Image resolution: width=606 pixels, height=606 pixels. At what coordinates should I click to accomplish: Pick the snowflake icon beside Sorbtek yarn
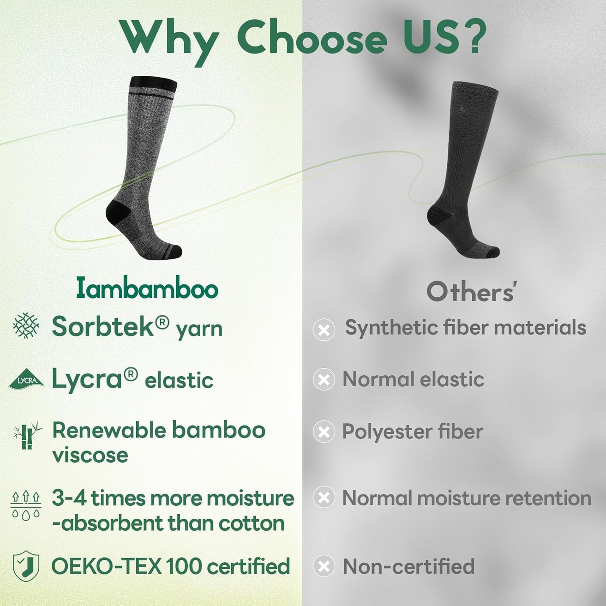click(26, 326)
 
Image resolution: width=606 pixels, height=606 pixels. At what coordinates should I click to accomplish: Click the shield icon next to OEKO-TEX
click(26, 566)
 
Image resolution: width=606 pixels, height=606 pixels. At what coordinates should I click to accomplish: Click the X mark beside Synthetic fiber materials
click(324, 329)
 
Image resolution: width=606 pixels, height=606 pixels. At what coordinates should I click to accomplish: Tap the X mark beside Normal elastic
click(324, 380)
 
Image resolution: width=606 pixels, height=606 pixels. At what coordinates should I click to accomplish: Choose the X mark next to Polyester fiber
click(324, 432)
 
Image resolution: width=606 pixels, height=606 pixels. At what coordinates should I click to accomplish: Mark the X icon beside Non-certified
click(324, 566)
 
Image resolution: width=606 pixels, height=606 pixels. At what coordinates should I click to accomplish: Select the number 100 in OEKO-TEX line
click(184, 566)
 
